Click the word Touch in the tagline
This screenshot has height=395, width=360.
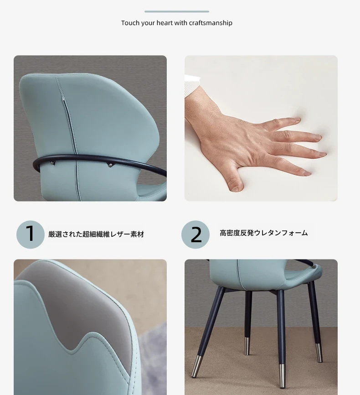pos(130,23)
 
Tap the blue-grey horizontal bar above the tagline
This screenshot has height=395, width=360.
pos(177,11)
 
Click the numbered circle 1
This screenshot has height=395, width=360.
pos(31,234)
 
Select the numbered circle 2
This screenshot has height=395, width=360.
pos(195,234)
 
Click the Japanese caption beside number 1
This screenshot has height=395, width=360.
pos(96,234)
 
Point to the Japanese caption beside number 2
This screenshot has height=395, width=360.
pos(263,233)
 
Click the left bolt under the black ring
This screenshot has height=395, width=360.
pos(52,163)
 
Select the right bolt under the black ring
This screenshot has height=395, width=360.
pos(110,165)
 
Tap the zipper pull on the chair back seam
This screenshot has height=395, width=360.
pos(64,101)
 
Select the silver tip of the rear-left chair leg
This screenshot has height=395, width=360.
pos(247,346)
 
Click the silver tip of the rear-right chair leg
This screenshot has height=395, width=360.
pos(319,353)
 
